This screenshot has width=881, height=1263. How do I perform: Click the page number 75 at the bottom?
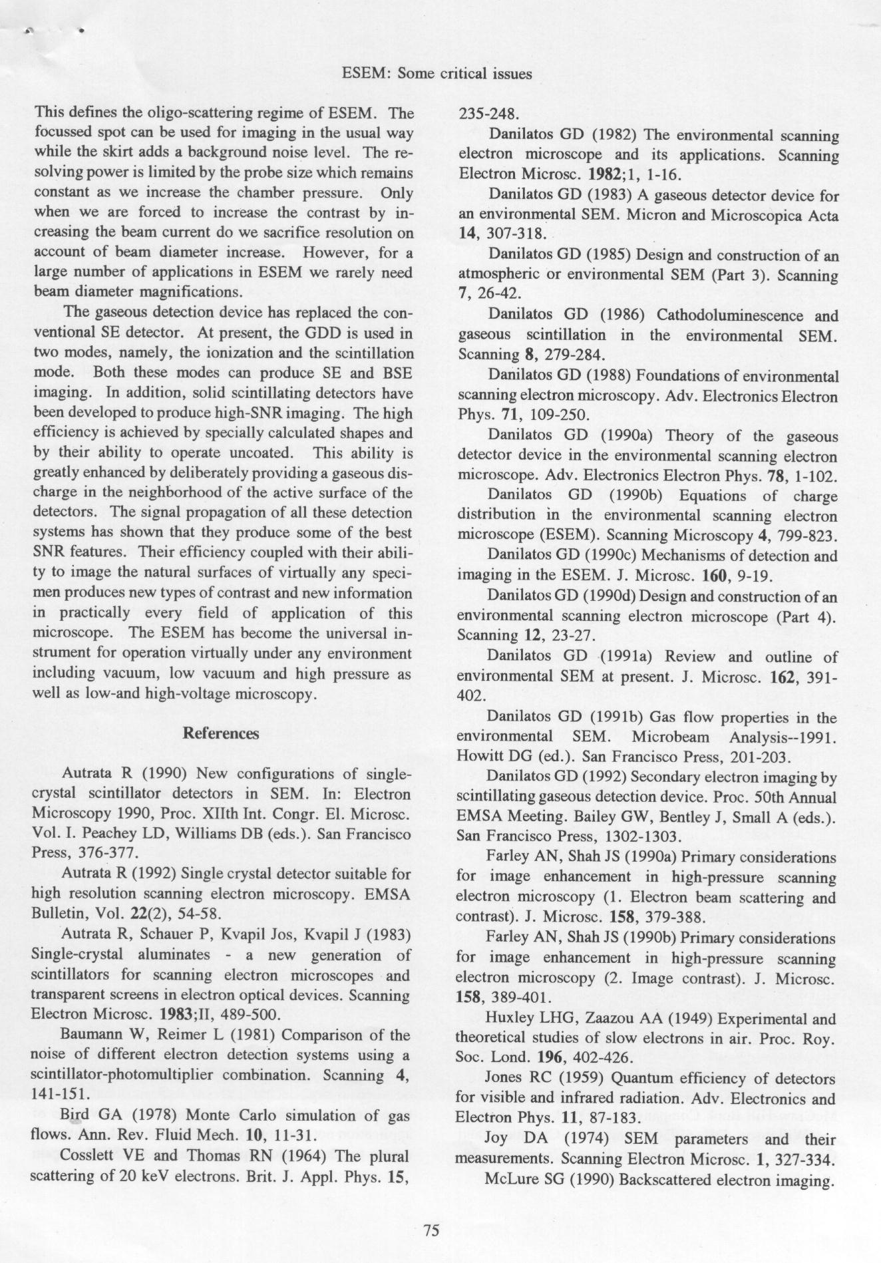[x=431, y=1230]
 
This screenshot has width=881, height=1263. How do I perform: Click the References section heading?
[x=220, y=733]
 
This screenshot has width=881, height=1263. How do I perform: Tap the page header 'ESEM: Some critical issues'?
[x=437, y=74]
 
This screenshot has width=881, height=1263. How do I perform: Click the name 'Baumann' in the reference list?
[x=90, y=1035]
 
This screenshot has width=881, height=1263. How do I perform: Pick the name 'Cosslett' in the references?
[x=89, y=1156]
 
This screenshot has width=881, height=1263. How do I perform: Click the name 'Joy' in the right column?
[x=496, y=1139]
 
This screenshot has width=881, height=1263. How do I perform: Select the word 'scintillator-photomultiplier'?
[x=123, y=1075]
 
